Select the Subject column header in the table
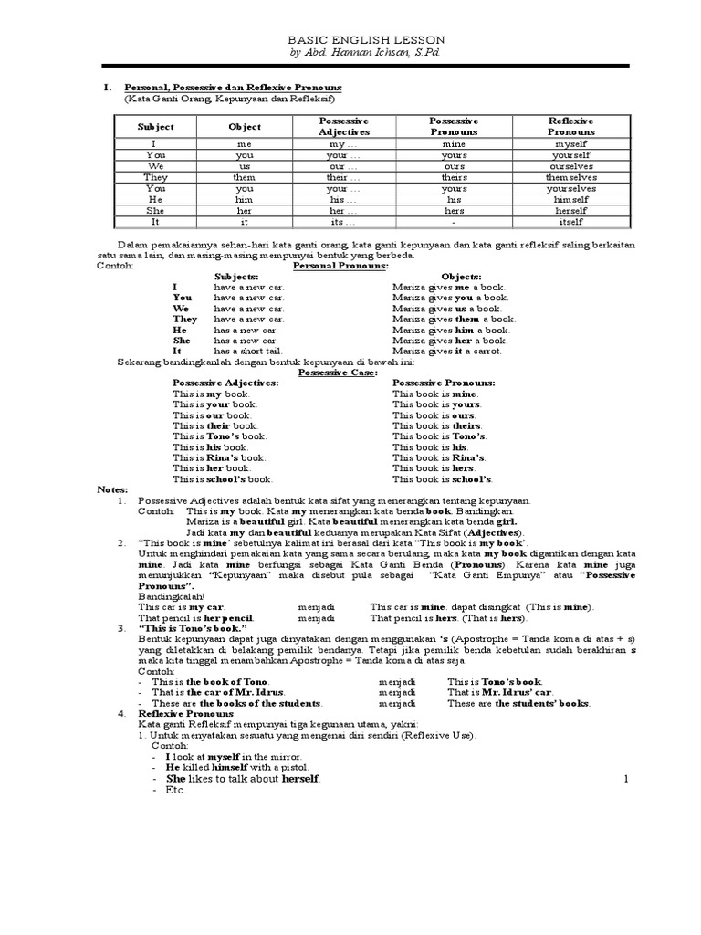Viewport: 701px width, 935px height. pos(155,126)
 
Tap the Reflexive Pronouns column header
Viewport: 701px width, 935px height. pos(570,126)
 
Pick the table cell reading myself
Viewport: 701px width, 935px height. pos(570,143)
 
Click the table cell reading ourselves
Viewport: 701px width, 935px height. pos(570,165)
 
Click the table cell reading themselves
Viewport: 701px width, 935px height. pos(570,177)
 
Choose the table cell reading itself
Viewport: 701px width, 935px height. pos(570,221)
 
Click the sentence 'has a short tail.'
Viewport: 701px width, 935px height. pos(250,351)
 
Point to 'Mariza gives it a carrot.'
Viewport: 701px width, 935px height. pos(447,351)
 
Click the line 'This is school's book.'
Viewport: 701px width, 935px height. pos(222,478)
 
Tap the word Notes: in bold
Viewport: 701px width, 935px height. pos(114,489)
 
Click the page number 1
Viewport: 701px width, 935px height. pos(627,778)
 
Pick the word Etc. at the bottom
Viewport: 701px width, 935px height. pos(176,790)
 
